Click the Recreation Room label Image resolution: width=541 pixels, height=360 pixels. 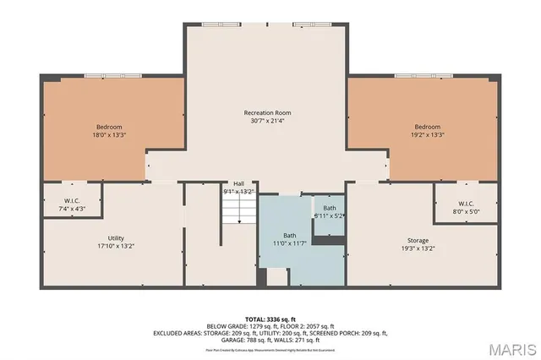tap(267, 112)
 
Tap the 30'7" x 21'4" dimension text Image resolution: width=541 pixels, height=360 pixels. tap(267, 121)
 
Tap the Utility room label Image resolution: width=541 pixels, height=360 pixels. tap(116, 238)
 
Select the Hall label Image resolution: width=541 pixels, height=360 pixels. tap(239, 183)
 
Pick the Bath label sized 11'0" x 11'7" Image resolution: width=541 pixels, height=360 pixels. tap(289, 236)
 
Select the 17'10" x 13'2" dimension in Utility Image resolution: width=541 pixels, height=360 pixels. tap(116, 247)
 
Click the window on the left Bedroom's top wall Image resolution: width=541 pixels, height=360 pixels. tap(105, 77)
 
